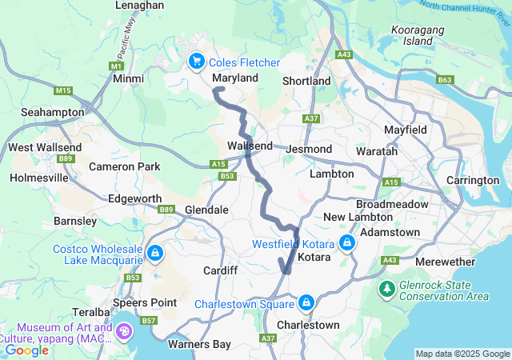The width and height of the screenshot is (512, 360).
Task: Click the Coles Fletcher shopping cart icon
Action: pos(196,62)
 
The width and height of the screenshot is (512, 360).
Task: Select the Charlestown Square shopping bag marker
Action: pos(306,303)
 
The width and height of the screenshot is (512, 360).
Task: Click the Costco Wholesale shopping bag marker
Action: pos(154,254)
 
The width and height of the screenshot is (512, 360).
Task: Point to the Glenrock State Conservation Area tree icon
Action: pos(386,288)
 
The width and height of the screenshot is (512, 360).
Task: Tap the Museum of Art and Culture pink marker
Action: pos(126,331)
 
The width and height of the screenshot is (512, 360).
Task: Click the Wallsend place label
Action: pos(250,146)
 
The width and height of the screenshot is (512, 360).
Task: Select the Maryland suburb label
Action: pos(235,78)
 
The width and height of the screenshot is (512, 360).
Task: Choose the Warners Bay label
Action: pos(199,344)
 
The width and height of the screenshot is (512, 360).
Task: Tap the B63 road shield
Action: pos(445,80)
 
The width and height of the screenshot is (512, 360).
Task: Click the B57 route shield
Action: pos(149,320)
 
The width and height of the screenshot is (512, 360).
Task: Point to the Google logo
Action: pos(26,350)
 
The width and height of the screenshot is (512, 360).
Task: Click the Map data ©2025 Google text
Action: pos(462,354)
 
